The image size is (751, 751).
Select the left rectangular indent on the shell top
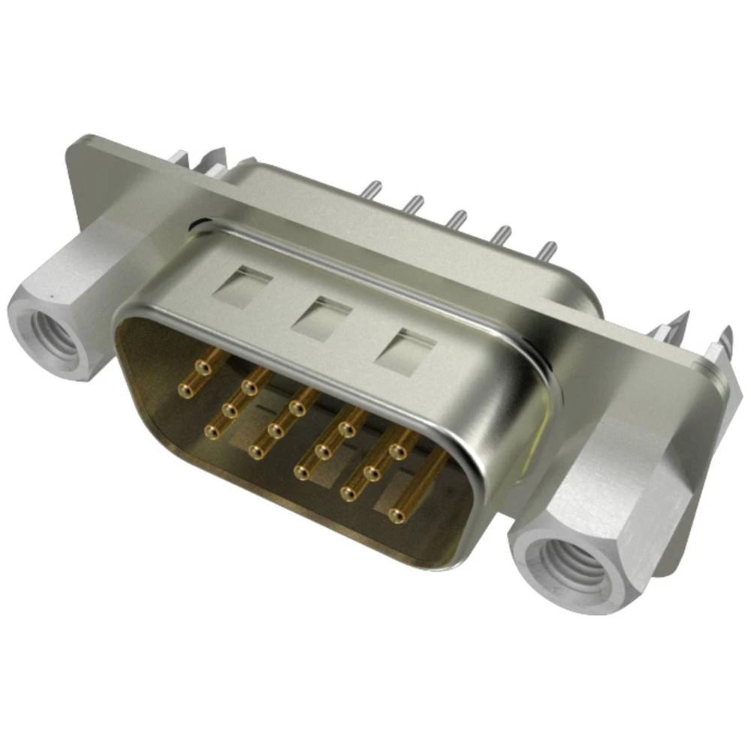(x=242, y=285)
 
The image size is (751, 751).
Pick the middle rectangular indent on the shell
(x=321, y=317)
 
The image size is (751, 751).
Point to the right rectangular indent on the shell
(x=406, y=349)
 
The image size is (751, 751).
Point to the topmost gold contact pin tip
(x=202, y=367)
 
